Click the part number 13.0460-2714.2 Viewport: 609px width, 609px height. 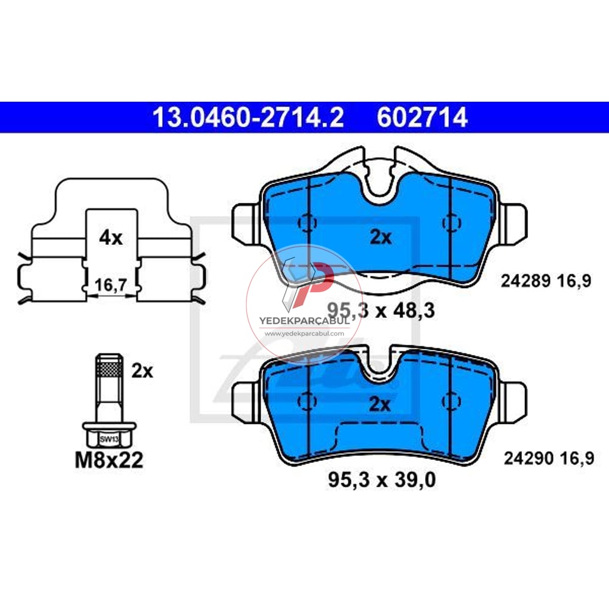[248, 118]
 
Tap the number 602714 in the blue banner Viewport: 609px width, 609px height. [422, 118]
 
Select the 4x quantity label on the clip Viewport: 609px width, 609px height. [111, 238]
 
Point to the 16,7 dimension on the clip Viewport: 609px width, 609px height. [111, 284]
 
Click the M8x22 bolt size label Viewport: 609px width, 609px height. [109, 460]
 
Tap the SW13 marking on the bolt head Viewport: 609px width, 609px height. [109, 439]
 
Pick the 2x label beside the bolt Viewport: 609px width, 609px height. [142, 371]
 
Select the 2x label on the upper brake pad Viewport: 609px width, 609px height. [381, 237]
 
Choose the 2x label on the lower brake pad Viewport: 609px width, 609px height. [379, 404]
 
